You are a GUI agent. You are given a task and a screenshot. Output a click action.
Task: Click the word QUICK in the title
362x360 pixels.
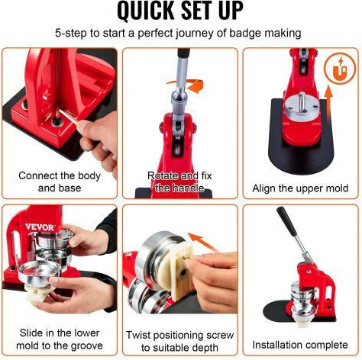pos(145,10)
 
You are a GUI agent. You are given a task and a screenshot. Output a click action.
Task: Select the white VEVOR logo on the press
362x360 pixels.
pos(40,227)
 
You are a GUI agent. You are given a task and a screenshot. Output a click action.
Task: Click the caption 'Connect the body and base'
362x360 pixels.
pos(60,182)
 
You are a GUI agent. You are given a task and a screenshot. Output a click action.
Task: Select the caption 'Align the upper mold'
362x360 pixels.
pos(300,188)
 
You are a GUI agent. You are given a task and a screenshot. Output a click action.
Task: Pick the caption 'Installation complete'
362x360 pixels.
pos(300,345)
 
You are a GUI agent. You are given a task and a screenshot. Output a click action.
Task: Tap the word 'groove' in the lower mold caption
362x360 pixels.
pos(87,346)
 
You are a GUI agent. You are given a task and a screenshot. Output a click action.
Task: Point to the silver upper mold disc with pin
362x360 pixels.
pos(302,108)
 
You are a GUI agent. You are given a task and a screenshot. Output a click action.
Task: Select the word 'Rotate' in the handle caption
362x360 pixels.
pos(163,175)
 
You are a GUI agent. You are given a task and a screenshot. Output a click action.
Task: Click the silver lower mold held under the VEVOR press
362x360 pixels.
pos(40,272)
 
